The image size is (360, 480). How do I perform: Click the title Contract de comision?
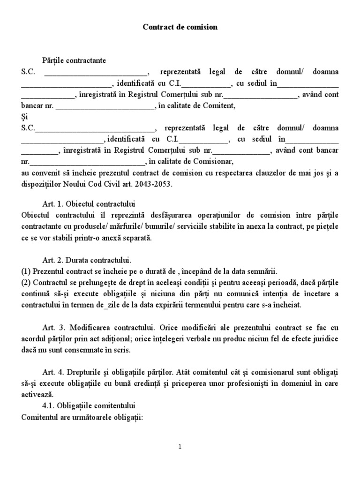pos(180,27)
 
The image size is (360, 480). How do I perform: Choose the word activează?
pos(38,394)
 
